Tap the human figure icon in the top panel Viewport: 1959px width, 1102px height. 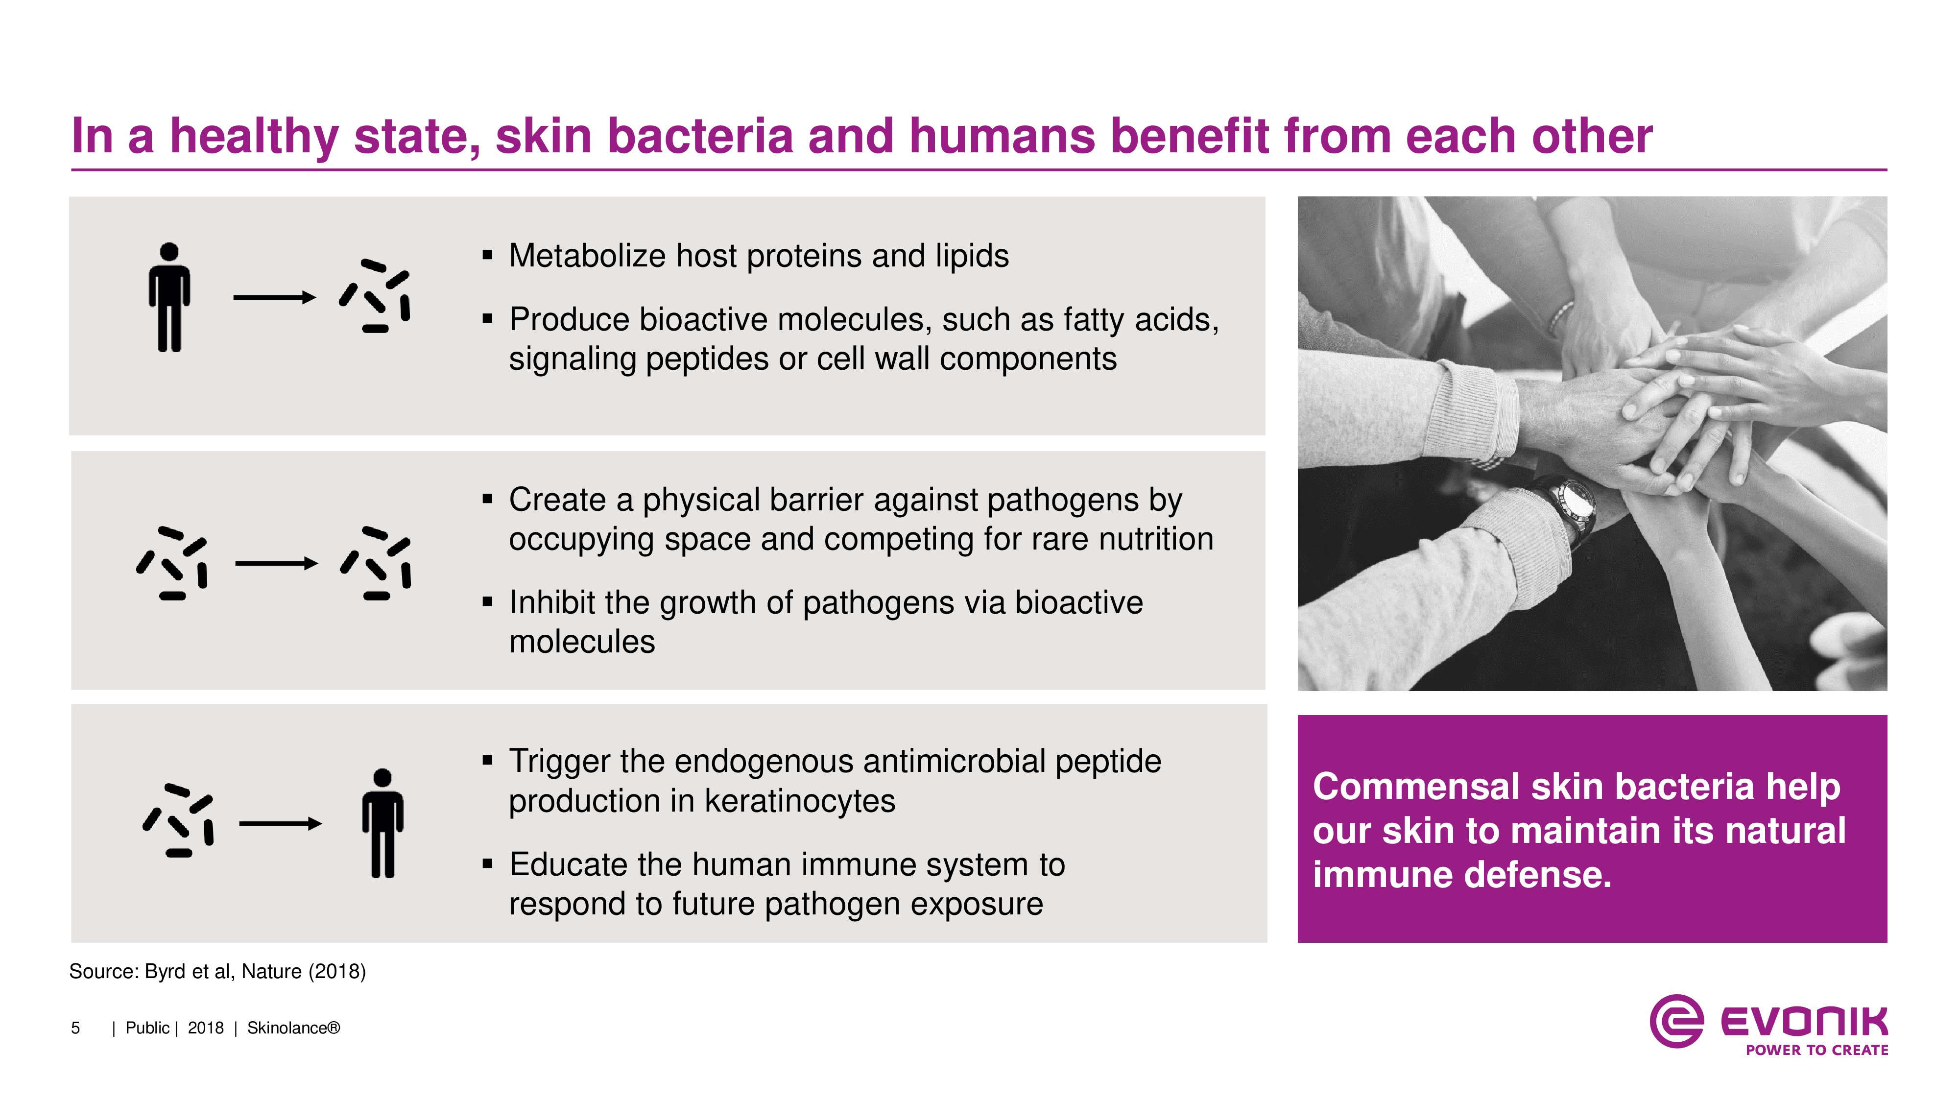(x=169, y=297)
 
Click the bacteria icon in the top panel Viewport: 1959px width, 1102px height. (x=375, y=297)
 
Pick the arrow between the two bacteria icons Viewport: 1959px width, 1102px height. (x=276, y=564)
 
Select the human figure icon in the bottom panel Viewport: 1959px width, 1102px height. (x=382, y=824)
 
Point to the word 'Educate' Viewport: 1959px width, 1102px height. (x=569, y=865)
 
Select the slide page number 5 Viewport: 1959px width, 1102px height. (x=75, y=1028)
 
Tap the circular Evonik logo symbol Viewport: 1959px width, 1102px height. (x=1676, y=1021)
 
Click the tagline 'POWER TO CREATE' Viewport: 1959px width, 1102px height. (x=1817, y=1050)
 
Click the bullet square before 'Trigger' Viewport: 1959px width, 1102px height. (x=487, y=760)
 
